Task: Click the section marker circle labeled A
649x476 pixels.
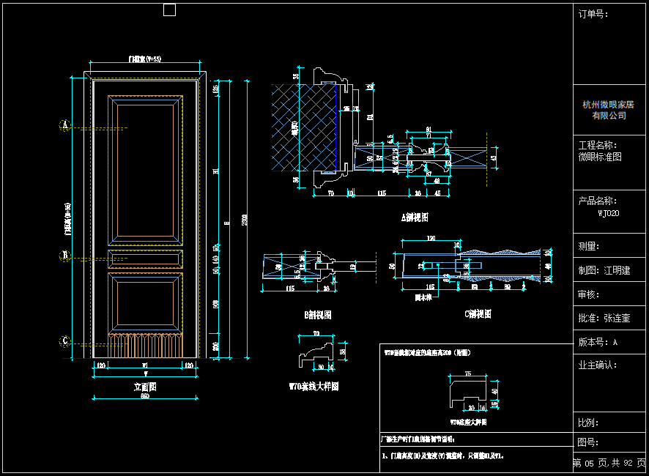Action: pyautogui.click(x=64, y=126)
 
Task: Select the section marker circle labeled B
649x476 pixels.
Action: pyautogui.click(x=64, y=256)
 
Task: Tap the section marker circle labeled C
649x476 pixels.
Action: pyautogui.click(x=64, y=341)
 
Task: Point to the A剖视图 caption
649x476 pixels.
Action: pyautogui.click(x=415, y=217)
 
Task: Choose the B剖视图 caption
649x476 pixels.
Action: pyautogui.click(x=318, y=315)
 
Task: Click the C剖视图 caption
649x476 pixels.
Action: pyautogui.click(x=478, y=314)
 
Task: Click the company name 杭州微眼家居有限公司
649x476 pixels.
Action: pyautogui.click(x=609, y=110)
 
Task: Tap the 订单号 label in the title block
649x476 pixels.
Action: pyautogui.click(x=593, y=14)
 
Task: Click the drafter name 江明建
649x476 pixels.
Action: pyautogui.click(x=617, y=270)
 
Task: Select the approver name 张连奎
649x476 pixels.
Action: pyautogui.click(x=617, y=319)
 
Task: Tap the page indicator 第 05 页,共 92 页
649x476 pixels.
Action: pyautogui.click(x=609, y=463)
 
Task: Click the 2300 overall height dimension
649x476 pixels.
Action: pyautogui.click(x=245, y=218)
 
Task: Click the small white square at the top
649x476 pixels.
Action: pyautogui.click(x=169, y=10)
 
